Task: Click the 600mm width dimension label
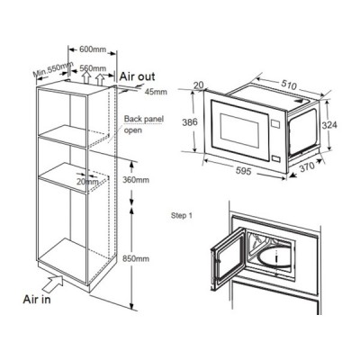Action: (x=93, y=49)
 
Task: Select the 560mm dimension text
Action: (x=93, y=68)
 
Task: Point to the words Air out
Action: (x=138, y=76)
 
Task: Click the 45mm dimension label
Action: (x=156, y=92)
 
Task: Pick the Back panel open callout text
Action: (x=144, y=124)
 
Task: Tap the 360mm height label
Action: (x=136, y=180)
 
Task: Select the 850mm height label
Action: (x=136, y=258)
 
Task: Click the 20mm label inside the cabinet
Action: (x=87, y=182)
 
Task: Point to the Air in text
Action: (x=37, y=300)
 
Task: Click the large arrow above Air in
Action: (x=53, y=283)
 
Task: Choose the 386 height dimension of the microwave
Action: (x=190, y=122)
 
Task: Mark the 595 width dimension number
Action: (x=243, y=171)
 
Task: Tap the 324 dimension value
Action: (x=329, y=125)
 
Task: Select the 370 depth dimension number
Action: (x=306, y=166)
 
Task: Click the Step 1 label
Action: (x=182, y=215)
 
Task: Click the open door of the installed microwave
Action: (x=228, y=258)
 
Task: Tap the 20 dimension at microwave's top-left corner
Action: (x=198, y=85)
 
